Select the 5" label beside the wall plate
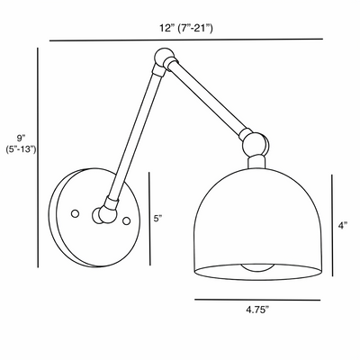coord(158,218)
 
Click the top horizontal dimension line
coord(185,40)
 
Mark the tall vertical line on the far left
coord(38,157)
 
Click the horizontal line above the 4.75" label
coord(256,300)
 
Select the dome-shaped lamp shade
coord(256,216)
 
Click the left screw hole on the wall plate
coord(76,213)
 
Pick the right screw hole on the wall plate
coord(127,220)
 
